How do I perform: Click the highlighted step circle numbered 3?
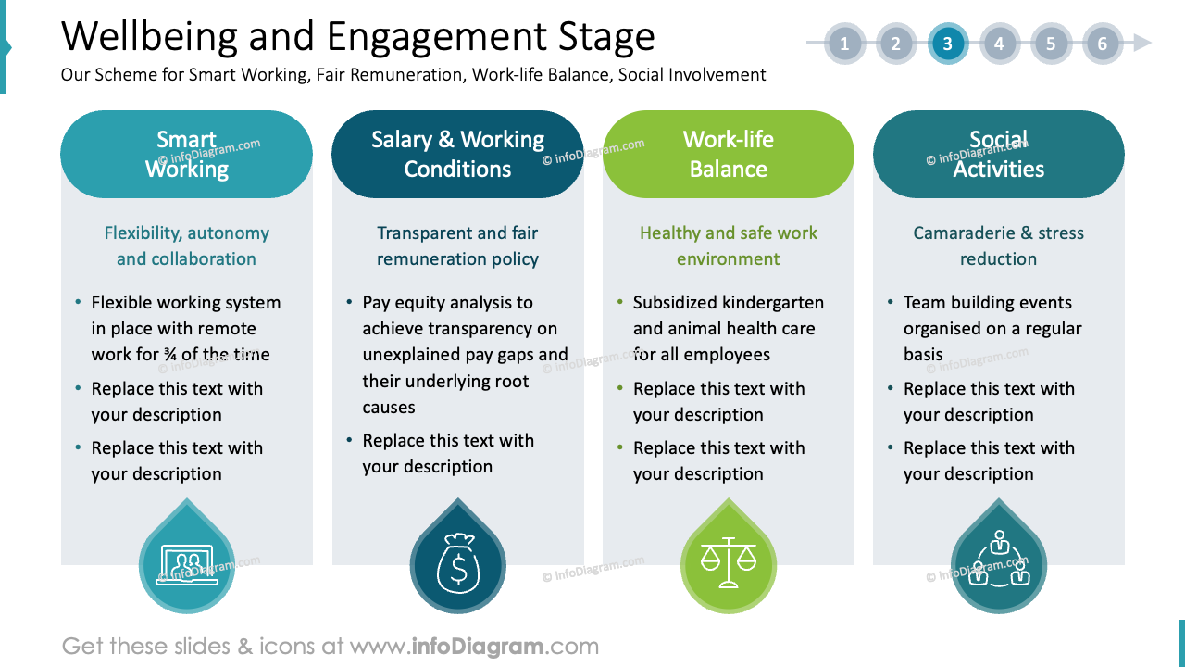click(x=947, y=44)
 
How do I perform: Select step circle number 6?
click(x=1102, y=44)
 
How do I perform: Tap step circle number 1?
click(x=844, y=44)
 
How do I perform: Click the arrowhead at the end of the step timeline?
click(x=1142, y=44)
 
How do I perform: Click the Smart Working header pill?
click(x=186, y=154)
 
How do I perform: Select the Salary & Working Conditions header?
click(x=457, y=154)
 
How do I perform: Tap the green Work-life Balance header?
click(x=728, y=154)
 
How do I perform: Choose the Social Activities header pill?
click(x=998, y=154)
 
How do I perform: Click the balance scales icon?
click(x=728, y=563)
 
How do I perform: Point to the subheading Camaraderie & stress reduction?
click(x=998, y=245)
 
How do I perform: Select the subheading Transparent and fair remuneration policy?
click(x=457, y=245)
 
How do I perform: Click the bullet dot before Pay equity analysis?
click(x=349, y=303)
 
